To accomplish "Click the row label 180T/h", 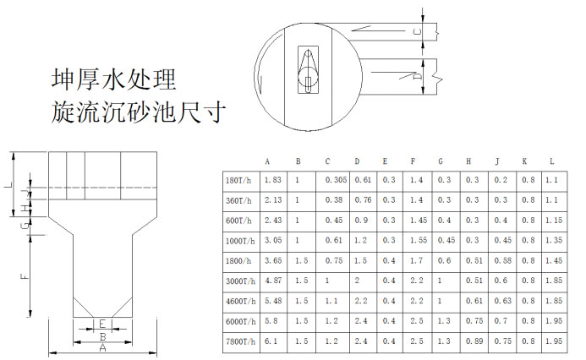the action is (x=238, y=181).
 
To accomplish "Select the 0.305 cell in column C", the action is (x=336, y=180).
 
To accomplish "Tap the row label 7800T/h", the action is (x=241, y=341).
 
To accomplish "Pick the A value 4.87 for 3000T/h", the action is (x=273, y=281).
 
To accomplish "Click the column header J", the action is (x=497, y=161).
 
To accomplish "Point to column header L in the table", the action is (x=552, y=161).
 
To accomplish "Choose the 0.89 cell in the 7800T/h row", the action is (x=474, y=341).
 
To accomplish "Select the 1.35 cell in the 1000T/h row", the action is (x=554, y=240).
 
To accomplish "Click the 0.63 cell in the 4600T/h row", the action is (x=502, y=301).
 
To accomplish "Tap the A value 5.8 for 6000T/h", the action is (x=271, y=321).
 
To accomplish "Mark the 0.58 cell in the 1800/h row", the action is (x=502, y=260).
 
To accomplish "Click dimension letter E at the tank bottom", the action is (x=103, y=324).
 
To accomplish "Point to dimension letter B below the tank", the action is (x=103, y=337).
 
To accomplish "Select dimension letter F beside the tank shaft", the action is (x=24, y=276).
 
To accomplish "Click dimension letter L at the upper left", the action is (x=10, y=184).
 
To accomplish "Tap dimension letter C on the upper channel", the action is (x=418, y=32).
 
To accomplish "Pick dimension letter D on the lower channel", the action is (x=418, y=76).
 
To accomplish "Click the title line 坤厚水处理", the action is (x=113, y=79).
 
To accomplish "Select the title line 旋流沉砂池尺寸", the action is (x=139, y=112).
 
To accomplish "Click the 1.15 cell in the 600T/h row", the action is (x=554, y=221).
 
